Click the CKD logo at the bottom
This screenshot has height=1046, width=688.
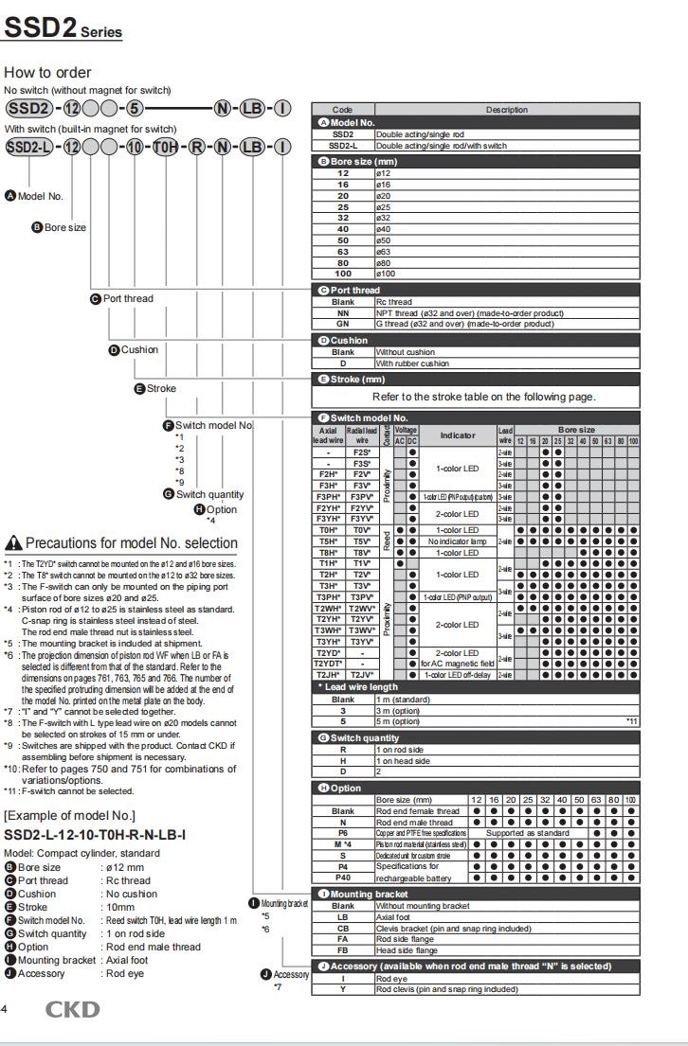pyautogui.click(x=72, y=1009)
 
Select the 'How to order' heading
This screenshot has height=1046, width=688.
pyautogui.click(x=47, y=72)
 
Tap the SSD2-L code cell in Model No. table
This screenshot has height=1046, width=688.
pyautogui.click(x=342, y=146)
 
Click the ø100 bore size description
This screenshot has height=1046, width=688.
pyautogui.click(x=389, y=274)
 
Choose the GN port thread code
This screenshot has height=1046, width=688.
pyautogui.click(x=342, y=324)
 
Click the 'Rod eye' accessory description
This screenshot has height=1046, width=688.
pyautogui.click(x=391, y=978)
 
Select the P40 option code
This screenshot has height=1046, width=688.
pyautogui.click(x=342, y=877)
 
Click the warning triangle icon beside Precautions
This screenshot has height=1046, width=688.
pyautogui.click(x=13, y=543)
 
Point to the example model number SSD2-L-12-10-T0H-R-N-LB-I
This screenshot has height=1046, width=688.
pyautogui.click(x=95, y=834)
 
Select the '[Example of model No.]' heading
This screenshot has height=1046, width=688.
pyautogui.click(x=68, y=815)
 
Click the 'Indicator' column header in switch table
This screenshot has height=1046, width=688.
pyautogui.click(x=458, y=434)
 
